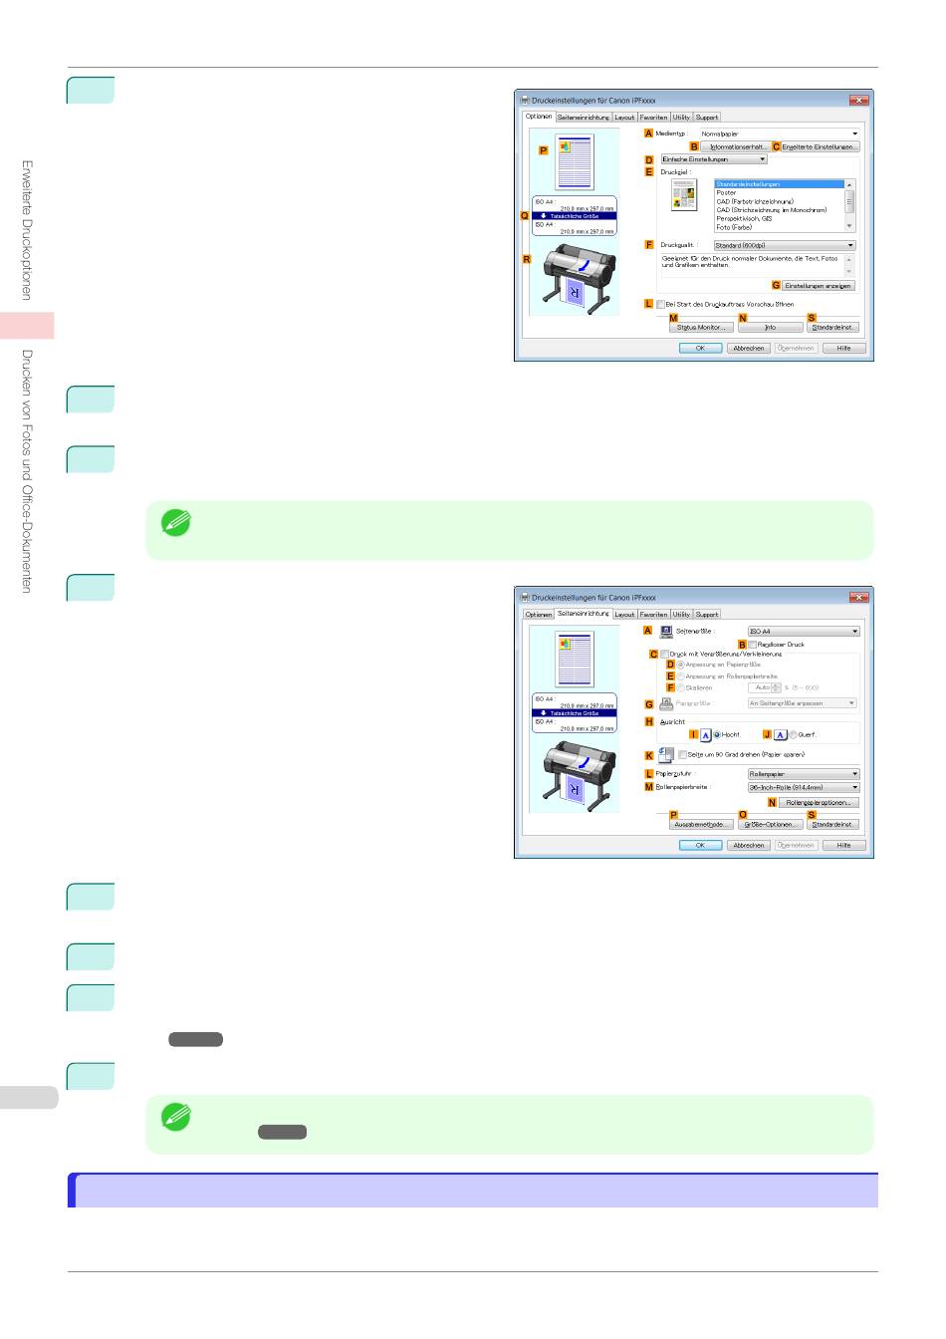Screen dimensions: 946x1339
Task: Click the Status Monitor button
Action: click(x=700, y=328)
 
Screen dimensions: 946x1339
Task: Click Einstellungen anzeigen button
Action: click(x=818, y=286)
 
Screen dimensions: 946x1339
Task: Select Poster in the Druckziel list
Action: click(x=727, y=193)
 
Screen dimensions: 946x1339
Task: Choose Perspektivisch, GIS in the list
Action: click(x=745, y=219)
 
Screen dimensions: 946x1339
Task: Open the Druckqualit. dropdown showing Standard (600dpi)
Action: click(x=785, y=245)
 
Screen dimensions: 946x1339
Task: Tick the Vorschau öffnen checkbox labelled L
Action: click(x=660, y=305)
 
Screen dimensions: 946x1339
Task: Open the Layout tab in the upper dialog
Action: click(x=624, y=118)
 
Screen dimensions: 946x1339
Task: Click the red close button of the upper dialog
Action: click(x=859, y=101)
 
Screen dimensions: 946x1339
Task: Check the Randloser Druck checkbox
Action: click(x=753, y=645)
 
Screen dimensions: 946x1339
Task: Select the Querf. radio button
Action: click(x=794, y=735)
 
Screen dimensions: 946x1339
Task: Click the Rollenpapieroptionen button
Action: click(x=818, y=803)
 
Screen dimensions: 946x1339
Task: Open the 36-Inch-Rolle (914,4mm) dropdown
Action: click(x=804, y=788)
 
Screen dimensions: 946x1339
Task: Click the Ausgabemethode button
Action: click(x=700, y=825)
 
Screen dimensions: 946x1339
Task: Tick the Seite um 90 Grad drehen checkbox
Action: click(x=683, y=755)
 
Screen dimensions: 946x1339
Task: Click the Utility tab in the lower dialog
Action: click(x=681, y=615)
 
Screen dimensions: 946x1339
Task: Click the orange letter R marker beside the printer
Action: click(x=527, y=260)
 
